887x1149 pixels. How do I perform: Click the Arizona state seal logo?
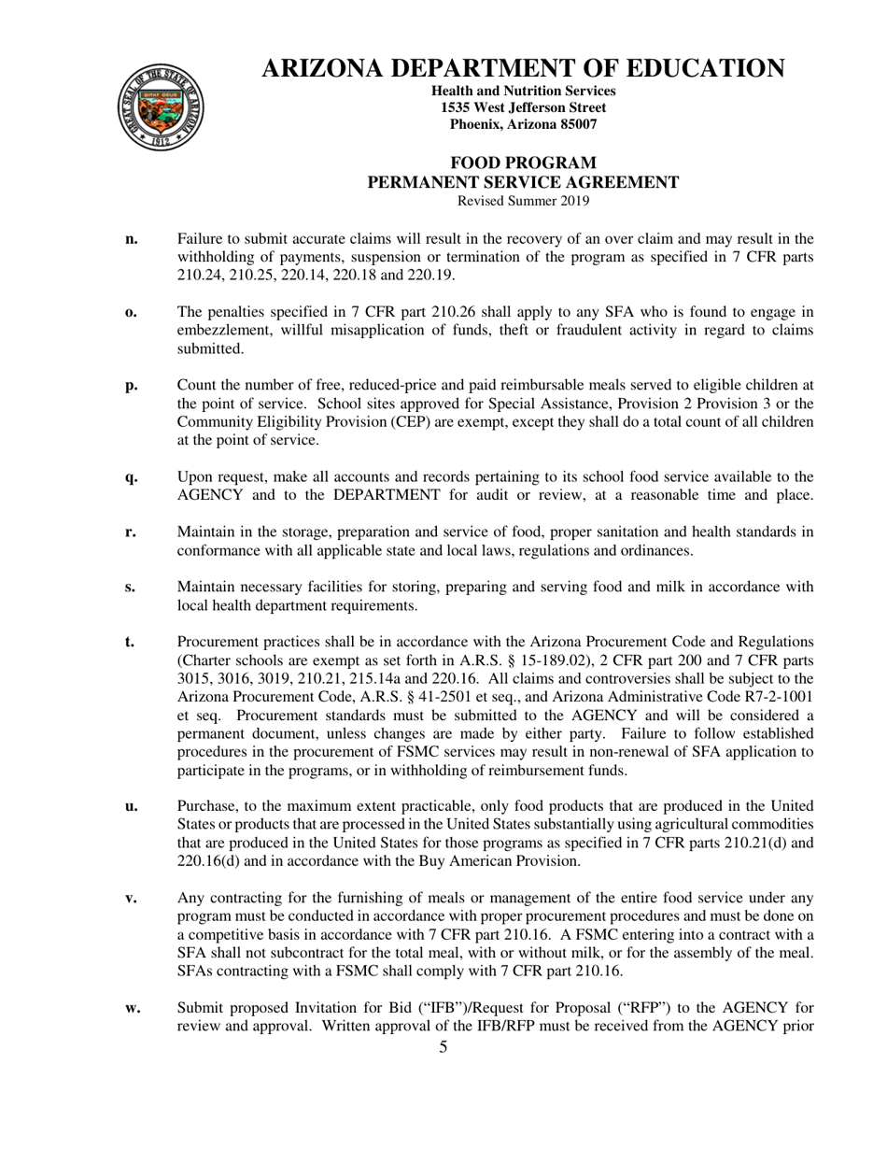162,107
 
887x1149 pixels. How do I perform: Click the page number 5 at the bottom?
443,1047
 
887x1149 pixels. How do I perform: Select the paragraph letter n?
132,239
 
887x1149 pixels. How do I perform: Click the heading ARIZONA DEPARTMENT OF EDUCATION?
523,68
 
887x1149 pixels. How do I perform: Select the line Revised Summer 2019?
523,201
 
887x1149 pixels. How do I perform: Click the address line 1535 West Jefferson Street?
523,107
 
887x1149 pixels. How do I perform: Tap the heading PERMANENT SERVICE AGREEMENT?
523,182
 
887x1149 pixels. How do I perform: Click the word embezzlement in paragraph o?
220,331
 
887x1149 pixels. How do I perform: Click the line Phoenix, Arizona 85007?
523,124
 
